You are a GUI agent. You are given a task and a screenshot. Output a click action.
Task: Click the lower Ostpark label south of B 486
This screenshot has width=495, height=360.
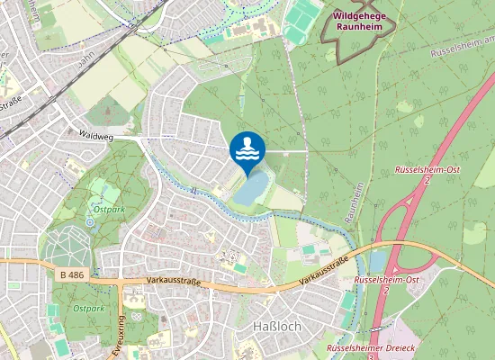(89, 308)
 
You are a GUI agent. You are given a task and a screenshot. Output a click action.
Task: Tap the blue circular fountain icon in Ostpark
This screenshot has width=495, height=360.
(90, 221)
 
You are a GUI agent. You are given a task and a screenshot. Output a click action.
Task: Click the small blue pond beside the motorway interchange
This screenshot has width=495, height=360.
(377, 261)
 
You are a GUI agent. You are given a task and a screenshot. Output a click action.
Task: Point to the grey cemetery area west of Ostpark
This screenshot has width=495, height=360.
(67, 247)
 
